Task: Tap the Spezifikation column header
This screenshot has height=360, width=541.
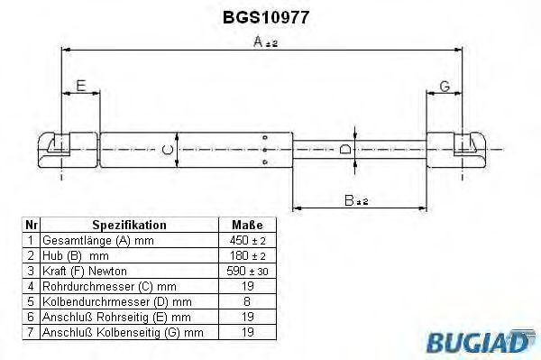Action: click(129, 225)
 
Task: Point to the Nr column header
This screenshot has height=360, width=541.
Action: click(31, 225)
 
